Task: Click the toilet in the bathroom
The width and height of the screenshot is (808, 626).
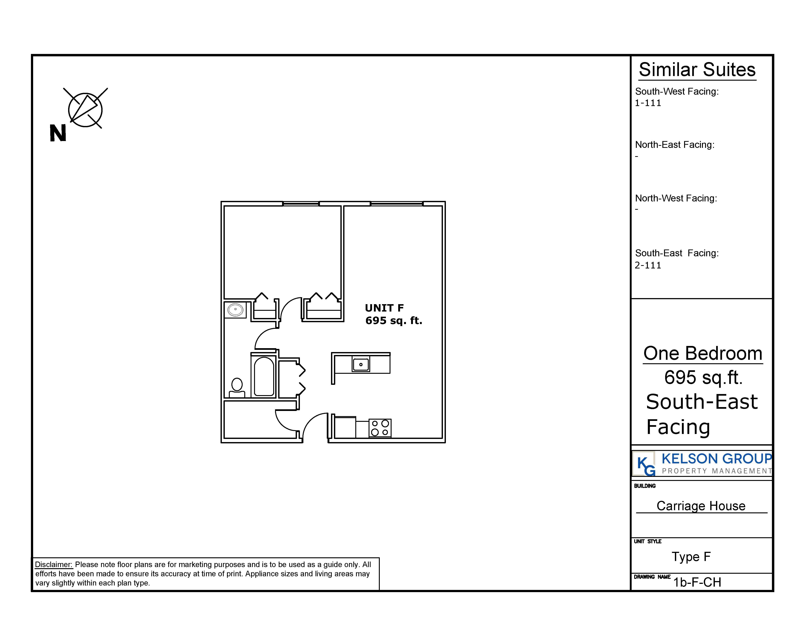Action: tap(237, 387)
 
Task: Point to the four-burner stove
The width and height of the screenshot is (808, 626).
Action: tap(380, 428)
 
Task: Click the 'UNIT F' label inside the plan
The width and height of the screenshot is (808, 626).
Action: tap(384, 308)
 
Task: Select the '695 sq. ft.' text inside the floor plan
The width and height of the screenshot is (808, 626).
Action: tap(394, 320)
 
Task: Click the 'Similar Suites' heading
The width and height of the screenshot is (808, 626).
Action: tap(697, 70)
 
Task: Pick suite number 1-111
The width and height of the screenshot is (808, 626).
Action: tap(648, 103)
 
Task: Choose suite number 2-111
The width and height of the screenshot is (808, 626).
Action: tap(648, 265)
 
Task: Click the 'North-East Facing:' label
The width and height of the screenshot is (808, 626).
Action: tap(675, 145)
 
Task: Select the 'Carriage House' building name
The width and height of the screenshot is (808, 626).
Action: tap(701, 506)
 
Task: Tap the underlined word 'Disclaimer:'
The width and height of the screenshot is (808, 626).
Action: tap(54, 565)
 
